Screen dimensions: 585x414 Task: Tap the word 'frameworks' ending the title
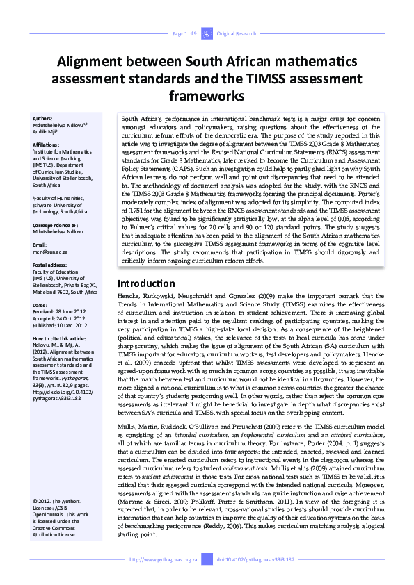(207, 94)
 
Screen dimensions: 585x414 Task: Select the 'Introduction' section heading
(148, 283)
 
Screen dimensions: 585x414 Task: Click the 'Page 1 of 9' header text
(185, 33)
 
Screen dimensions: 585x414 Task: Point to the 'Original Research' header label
(237, 33)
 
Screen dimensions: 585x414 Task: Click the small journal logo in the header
(207, 33)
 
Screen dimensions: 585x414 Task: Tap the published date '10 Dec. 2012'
(81, 325)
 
